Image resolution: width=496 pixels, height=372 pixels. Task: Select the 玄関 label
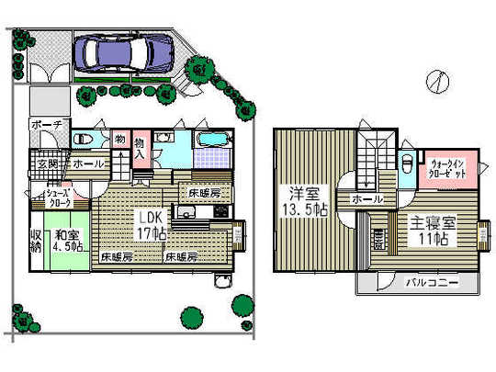tap(47, 163)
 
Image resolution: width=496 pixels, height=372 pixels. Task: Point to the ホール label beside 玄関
tap(87, 163)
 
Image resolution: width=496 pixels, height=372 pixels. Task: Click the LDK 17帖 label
tap(150, 223)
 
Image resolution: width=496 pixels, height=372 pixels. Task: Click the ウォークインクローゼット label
tap(451, 170)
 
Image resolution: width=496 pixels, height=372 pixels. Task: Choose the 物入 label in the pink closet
tap(141, 148)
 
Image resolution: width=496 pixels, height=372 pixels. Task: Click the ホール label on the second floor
tap(366, 198)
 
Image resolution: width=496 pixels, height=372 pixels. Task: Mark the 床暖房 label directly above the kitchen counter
tap(205, 193)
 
